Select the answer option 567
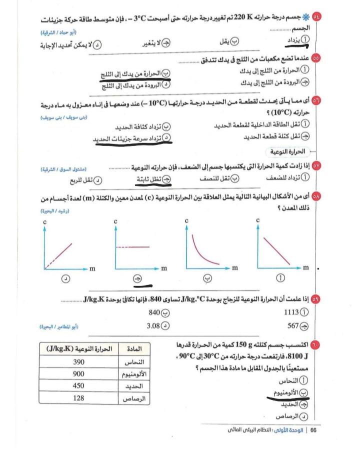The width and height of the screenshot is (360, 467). (x=298, y=326)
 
